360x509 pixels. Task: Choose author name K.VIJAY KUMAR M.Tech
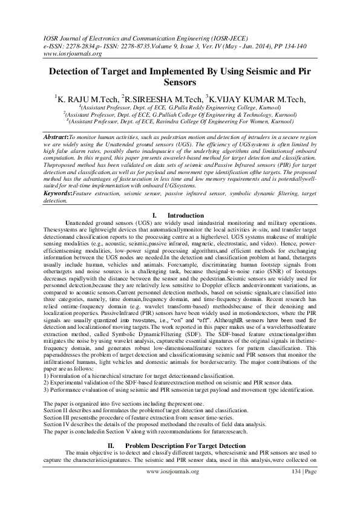tap(257, 100)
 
